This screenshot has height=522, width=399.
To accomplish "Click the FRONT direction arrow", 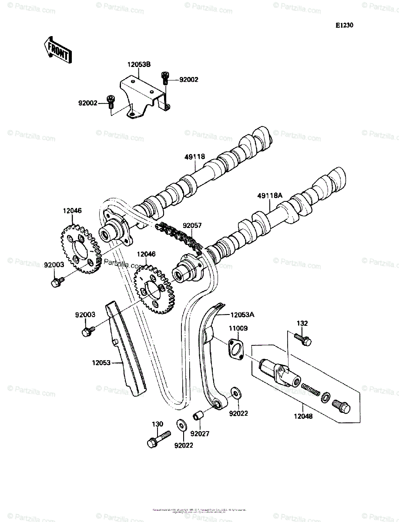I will point(57,50).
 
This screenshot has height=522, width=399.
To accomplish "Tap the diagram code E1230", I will point(344,26).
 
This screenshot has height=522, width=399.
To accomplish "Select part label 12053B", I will point(139,65).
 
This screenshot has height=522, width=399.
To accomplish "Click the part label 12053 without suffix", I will point(101,361).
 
